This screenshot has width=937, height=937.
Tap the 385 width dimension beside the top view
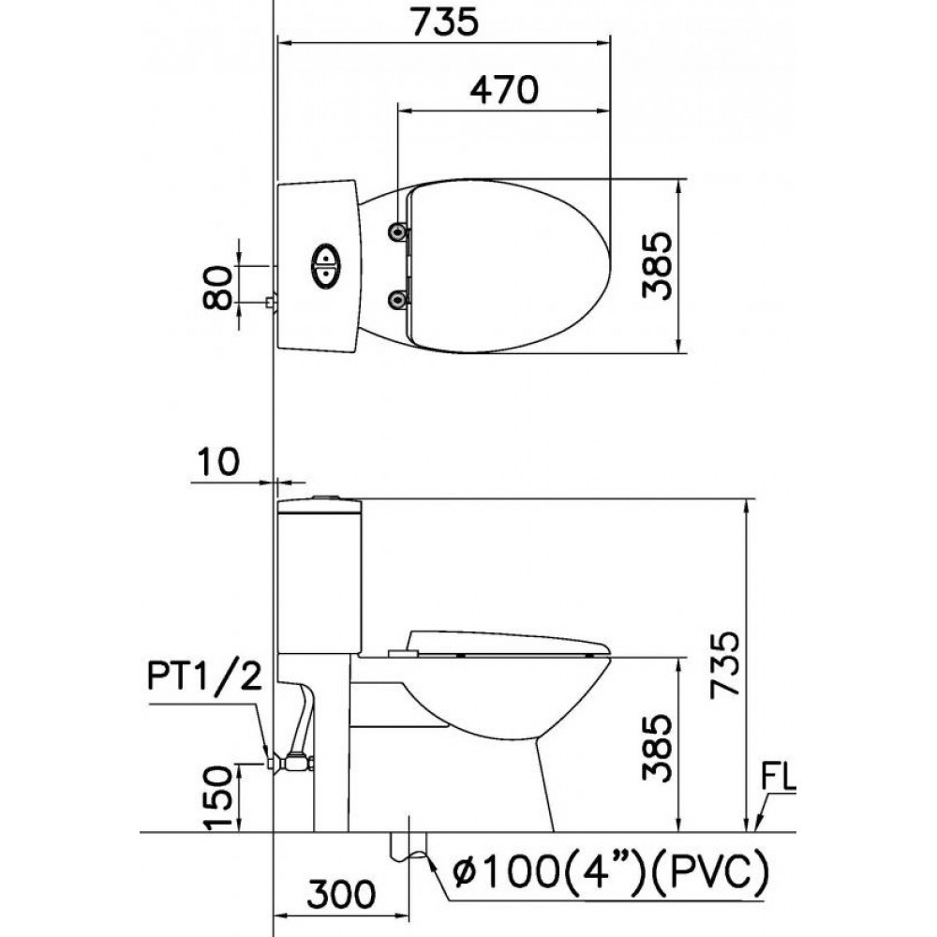click(x=657, y=265)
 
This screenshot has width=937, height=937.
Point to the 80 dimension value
click(x=216, y=286)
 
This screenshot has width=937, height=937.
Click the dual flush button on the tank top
click(x=325, y=265)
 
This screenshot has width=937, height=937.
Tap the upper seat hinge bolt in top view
click(x=400, y=231)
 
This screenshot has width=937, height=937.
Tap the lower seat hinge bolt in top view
click(x=400, y=299)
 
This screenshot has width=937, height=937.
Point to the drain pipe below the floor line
click(x=409, y=843)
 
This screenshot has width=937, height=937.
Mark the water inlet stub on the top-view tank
click(x=271, y=303)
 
